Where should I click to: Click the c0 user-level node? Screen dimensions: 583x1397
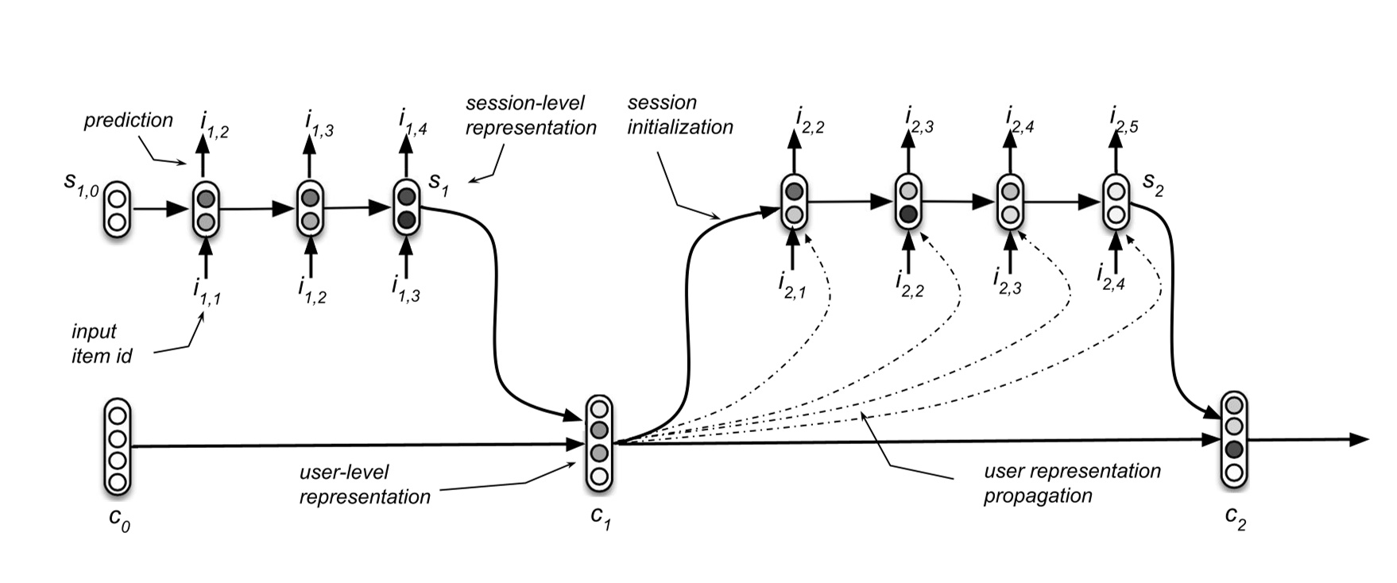tap(118, 447)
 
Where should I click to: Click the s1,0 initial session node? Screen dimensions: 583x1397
tap(117, 210)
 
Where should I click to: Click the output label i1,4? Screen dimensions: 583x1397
tap(412, 123)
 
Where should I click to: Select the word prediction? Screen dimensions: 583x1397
tap(129, 120)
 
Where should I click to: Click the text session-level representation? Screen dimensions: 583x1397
tap(530, 115)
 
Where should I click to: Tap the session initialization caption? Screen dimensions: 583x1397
tap(679, 114)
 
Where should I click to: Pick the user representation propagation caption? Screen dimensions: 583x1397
tap(1071, 483)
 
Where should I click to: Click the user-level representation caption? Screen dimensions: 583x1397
tap(364, 485)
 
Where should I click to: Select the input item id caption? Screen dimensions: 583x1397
tap(101, 343)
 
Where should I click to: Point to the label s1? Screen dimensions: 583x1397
tap(439, 181)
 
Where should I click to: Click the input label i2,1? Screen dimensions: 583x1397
tap(792, 285)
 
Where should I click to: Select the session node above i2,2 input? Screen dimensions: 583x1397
tap(908, 202)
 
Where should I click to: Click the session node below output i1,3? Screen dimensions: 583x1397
tap(310, 208)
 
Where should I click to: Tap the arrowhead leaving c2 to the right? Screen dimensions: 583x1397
tap(1360, 439)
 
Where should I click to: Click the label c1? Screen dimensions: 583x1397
tap(601, 517)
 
